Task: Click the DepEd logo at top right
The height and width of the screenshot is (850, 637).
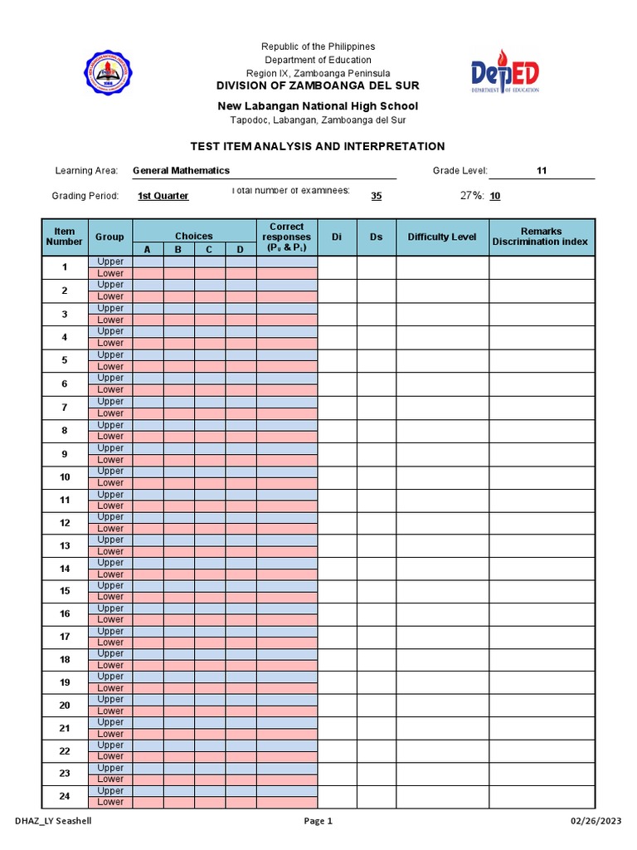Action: [x=505, y=75]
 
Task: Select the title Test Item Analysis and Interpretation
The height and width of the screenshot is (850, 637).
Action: [x=318, y=146]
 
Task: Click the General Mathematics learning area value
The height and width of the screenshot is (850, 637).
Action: [x=181, y=170]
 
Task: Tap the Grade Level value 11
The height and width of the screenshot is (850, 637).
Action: [x=542, y=170]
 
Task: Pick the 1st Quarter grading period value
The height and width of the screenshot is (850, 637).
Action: [x=163, y=196]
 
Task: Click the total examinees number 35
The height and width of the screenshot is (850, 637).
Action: [x=376, y=196]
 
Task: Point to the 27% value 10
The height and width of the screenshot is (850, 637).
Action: [x=494, y=196]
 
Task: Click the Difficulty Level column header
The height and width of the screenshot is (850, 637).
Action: [x=442, y=237]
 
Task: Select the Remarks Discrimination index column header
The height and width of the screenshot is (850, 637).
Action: [x=541, y=237]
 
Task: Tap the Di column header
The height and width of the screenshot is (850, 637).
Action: [x=337, y=237]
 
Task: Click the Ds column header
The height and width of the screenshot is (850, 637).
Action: [x=376, y=237]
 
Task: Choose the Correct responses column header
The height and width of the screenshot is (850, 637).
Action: [x=286, y=237]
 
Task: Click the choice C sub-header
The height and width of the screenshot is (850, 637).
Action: [x=209, y=249]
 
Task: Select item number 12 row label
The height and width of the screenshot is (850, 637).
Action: [x=64, y=523]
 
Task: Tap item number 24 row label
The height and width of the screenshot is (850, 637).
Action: [x=64, y=796]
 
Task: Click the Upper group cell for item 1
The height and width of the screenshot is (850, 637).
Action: [x=109, y=261]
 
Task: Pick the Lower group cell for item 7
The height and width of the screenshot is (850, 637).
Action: [x=109, y=413]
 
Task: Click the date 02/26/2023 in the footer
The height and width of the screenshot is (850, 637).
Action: [x=595, y=821]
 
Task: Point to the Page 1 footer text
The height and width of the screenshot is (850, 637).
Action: [x=318, y=821]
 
